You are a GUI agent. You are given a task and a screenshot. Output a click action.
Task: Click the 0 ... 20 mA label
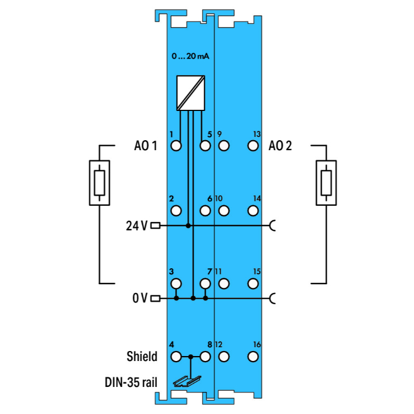190,56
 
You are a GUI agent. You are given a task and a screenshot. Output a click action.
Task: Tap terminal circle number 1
176,146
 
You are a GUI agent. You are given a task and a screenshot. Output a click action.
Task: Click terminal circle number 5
205,146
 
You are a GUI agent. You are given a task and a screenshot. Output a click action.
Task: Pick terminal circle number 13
253,146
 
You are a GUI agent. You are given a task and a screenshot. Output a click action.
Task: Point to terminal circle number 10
224,210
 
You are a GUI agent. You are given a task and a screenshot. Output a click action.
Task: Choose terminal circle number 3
176,284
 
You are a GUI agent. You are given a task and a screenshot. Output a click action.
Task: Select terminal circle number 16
253,357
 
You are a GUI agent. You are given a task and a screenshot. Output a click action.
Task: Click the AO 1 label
146,146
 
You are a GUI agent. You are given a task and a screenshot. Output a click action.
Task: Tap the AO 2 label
280,146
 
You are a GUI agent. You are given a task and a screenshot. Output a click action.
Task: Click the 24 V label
137,226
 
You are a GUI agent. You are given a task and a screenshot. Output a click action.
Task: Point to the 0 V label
140,299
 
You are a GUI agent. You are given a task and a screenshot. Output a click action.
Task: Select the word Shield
141,357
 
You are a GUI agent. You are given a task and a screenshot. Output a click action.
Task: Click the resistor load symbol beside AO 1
99,183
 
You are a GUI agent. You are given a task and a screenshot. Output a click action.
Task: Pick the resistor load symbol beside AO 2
326,183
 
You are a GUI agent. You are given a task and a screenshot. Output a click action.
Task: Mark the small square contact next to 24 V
155,226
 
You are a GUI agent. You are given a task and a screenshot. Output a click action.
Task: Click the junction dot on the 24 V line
188,226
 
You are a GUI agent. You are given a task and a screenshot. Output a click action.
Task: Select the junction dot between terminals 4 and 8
190,357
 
